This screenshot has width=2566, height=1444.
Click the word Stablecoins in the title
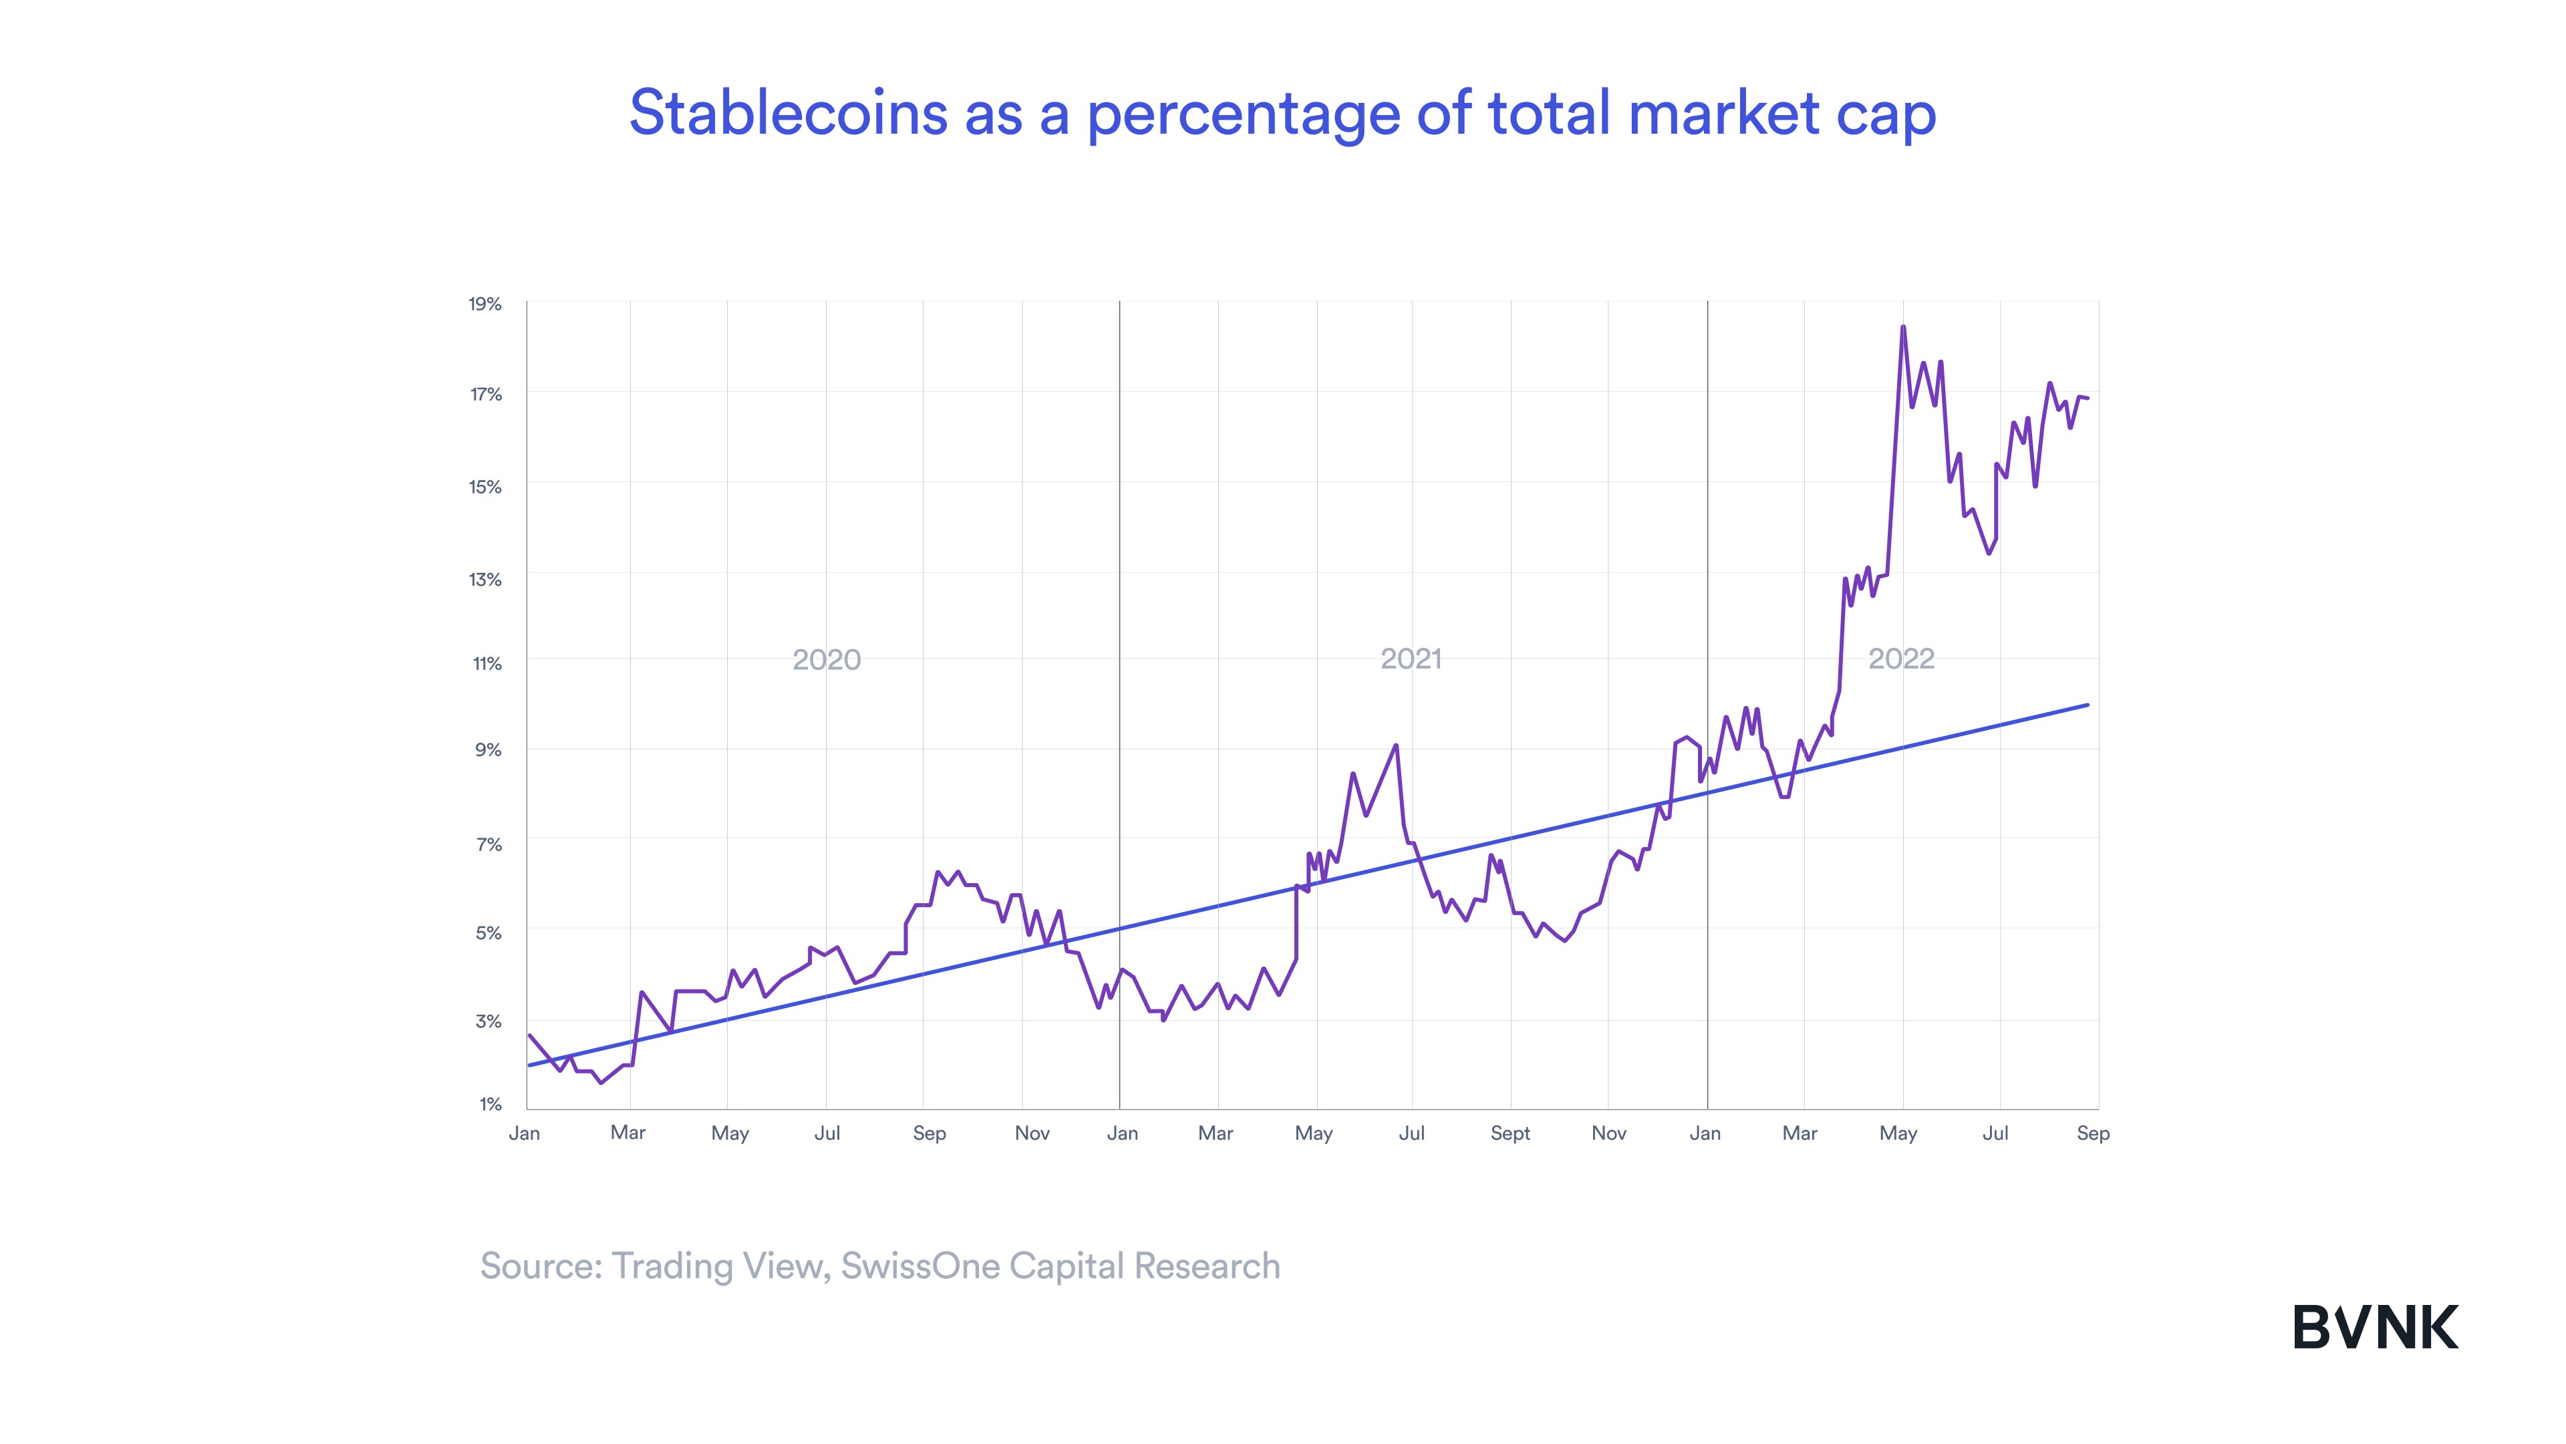(788, 112)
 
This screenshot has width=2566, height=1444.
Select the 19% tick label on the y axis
(485, 304)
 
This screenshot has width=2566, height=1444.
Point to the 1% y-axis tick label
(489, 1104)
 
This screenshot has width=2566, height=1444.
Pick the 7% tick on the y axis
(488, 845)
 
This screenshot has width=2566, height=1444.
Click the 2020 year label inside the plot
(826, 660)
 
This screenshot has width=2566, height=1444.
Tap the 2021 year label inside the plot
(1411, 658)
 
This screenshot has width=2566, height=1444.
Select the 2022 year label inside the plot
(1900, 658)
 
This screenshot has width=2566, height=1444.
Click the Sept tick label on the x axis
(1509, 1134)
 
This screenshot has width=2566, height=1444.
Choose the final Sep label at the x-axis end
(2093, 1134)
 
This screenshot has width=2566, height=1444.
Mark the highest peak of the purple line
(1902, 327)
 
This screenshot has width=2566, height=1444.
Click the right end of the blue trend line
(2088, 705)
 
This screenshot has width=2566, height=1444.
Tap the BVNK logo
(2375, 1328)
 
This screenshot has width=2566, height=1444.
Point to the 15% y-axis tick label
(485, 487)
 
